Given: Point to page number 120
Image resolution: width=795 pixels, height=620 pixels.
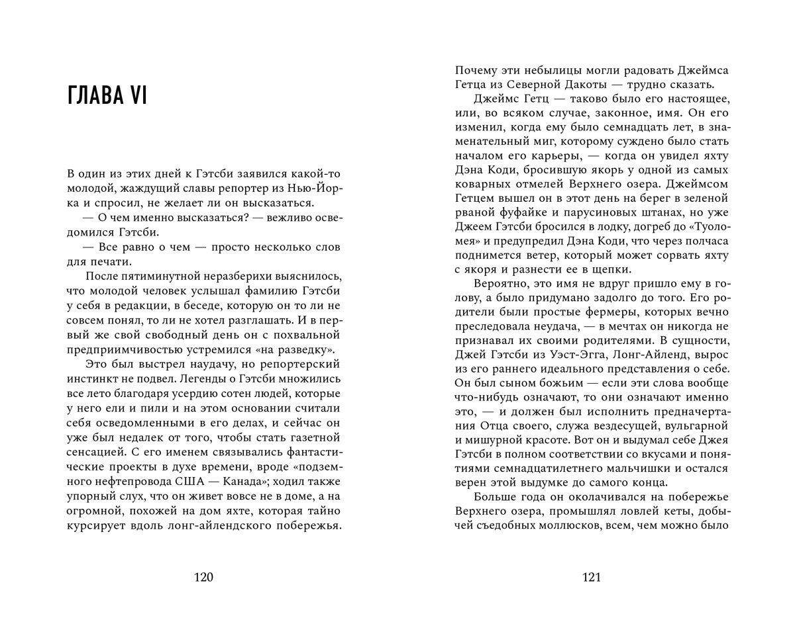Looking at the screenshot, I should pyautogui.click(x=203, y=578).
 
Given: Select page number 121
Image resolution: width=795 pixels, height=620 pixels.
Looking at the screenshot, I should pyautogui.click(x=591, y=578).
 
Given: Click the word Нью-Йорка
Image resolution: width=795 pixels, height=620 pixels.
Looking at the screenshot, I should pyautogui.click(x=314, y=189).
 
